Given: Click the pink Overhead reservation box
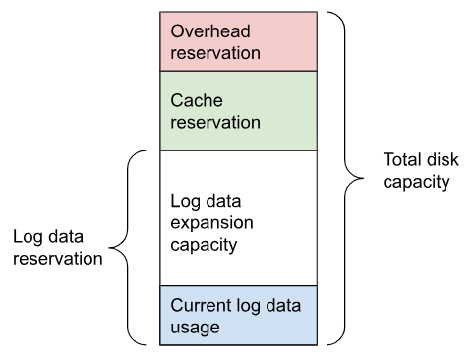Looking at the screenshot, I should pyautogui.click(x=239, y=41).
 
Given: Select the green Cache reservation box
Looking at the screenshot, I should pyautogui.click(x=239, y=110).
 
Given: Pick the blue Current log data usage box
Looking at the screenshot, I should pyautogui.click(x=239, y=315).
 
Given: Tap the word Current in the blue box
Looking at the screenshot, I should pyautogui.click(x=199, y=305).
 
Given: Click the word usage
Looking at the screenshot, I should pyautogui.click(x=194, y=327).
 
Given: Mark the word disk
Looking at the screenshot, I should pyautogui.click(x=443, y=160).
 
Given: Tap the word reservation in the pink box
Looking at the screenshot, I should pyautogui.click(x=216, y=52).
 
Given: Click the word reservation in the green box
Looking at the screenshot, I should pyautogui.click(x=216, y=123).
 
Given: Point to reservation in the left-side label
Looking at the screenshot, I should pyautogui.click(x=57, y=259).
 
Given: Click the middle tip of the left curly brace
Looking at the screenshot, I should pyautogui.click(x=110, y=248).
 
